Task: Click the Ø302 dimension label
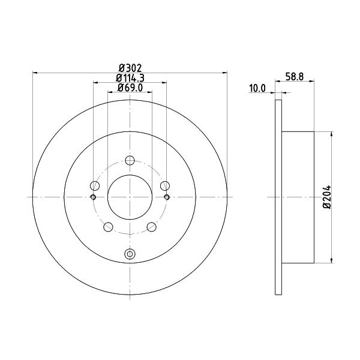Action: point(130,68)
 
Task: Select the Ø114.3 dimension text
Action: point(130,78)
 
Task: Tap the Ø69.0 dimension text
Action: point(130,88)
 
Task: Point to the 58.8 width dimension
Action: point(295,76)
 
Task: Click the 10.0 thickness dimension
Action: point(257,88)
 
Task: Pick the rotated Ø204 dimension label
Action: point(327,197)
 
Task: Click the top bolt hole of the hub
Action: point(130,160)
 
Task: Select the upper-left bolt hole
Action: point(95,185)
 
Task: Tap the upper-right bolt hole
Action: point(165,185)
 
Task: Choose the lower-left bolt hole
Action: point(108,227)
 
